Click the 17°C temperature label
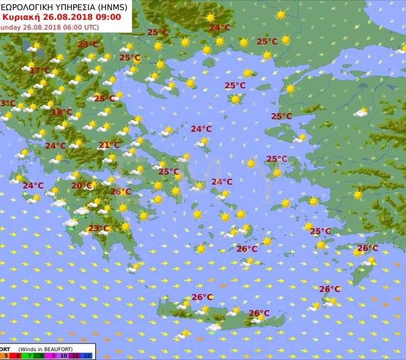pyautogui.click(x=40, y=71)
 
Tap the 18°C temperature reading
pyautogui.click(x=62, y=112)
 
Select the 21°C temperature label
pyautogui.click(x=109, y=145)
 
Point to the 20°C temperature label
pyautogui.click(x=82, y=186)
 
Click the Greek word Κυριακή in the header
pyautogui.click(x=20, y=16)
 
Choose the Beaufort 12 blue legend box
pyautogui.click(x=87, y=355)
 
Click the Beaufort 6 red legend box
pyautogui.click(x=18, y=355)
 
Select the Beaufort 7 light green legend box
pyautogui.click(x=30, y=355)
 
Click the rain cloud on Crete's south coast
pyautogui.click(x=214, y=328)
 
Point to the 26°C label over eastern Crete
pyautogui.click(x=259, y=313)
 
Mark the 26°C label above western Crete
pyautogui.click(x=202, y=297)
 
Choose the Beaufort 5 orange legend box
pyautogui.click(x=6, y=355)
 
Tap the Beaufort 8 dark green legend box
pyautogui.click(x=41, y=355)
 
